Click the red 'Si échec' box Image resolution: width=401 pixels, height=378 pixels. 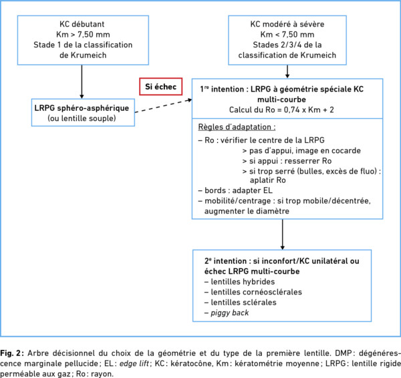161,87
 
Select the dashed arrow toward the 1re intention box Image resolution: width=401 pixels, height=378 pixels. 164,106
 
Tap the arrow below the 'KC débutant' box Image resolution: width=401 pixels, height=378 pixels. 82,81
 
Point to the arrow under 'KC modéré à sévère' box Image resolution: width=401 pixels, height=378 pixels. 287,71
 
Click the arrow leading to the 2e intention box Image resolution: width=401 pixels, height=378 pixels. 283,234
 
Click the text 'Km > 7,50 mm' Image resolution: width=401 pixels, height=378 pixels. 83,35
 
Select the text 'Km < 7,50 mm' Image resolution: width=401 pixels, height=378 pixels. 287,35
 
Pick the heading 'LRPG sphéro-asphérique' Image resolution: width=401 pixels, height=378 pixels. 82,108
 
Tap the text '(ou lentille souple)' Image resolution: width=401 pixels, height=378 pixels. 82,118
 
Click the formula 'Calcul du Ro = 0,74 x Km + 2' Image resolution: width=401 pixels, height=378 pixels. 281,110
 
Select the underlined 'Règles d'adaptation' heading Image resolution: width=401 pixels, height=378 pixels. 237,127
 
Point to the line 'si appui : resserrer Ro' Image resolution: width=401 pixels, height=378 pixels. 287,161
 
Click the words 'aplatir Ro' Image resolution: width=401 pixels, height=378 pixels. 268,180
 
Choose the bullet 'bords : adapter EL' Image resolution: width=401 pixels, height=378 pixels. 235,190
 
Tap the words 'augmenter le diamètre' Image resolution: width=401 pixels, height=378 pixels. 247,211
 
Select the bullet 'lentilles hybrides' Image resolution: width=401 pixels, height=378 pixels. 240,282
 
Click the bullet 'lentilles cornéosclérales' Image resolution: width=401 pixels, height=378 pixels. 253,292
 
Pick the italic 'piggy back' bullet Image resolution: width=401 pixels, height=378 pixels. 227,313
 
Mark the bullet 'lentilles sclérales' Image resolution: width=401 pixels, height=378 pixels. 241,303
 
